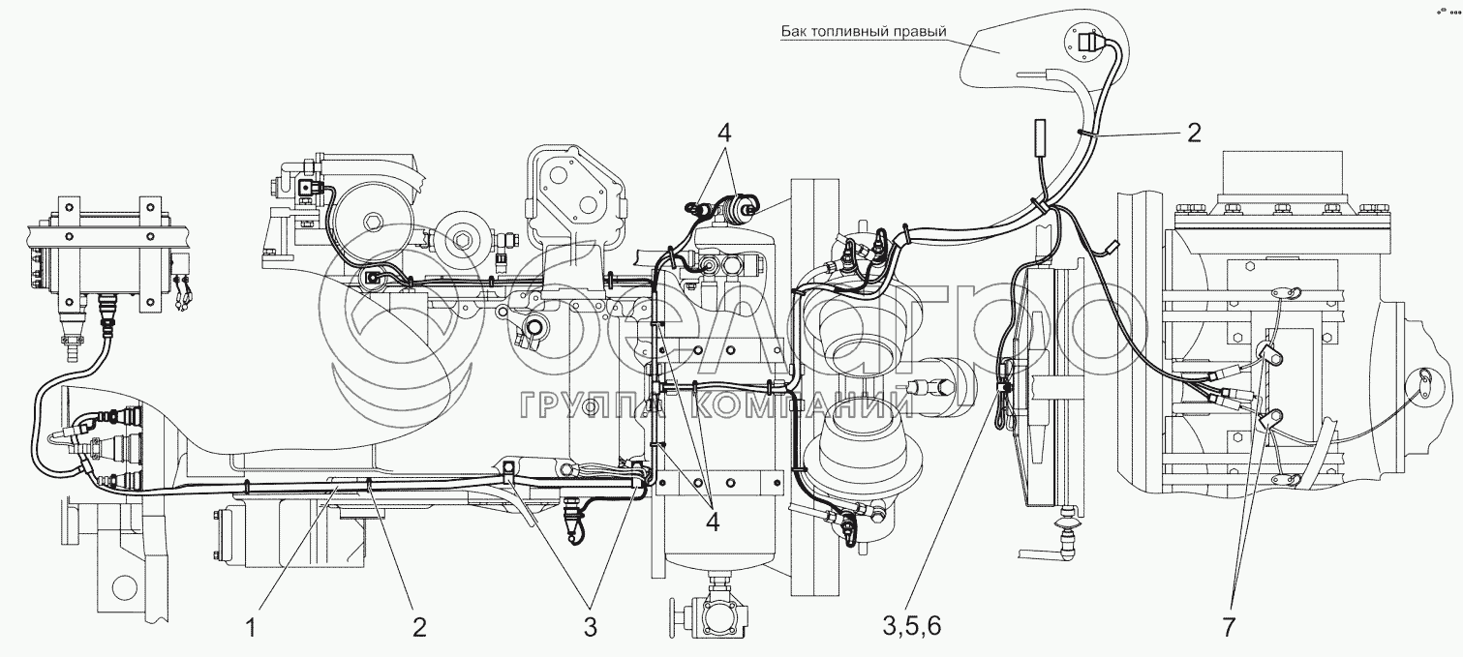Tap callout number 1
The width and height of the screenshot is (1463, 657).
pos(252,627)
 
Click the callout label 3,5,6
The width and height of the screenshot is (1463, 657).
pos(912,627)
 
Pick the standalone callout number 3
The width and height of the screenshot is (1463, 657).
pos(590,627)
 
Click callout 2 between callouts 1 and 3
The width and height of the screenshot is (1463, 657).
pos(419,627)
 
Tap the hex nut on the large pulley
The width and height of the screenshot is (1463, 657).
pos(373,222)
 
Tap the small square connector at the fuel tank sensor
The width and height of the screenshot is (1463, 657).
pos(1086,44)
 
